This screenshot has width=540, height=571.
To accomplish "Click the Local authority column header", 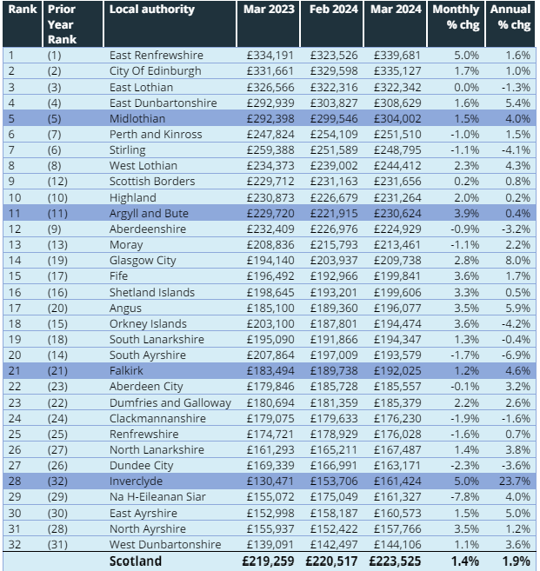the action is click(152, 9).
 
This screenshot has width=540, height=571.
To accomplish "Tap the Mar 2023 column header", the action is click(269, 9).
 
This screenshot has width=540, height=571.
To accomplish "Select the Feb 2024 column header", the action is click(333, 9).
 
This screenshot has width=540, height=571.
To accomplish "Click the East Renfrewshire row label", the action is click(157, 56).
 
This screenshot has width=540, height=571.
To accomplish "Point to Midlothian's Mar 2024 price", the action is click(397, 119).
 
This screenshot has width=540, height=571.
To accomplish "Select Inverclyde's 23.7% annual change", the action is click(515, 481).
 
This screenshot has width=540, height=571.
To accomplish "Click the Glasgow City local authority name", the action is click(143, 261).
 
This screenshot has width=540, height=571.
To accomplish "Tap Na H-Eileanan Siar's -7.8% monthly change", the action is click(464, 497).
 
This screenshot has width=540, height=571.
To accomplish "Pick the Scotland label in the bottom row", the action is click(136, 561).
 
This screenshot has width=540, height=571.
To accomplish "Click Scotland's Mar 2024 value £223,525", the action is click(395, 561).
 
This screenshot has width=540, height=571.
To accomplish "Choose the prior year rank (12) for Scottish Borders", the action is click(57, 182).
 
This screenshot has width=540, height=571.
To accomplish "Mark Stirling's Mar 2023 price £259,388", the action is click(270, 150).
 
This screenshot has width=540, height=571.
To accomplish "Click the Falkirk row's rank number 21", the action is click(14, 371).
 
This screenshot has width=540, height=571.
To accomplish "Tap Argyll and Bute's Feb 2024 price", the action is click(334, 214).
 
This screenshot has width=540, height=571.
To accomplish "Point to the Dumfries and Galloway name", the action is click(170, 403).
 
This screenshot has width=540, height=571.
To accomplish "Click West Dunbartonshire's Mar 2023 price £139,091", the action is click(270, 544).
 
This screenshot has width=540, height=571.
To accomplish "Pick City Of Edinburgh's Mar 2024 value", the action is click(397, 71).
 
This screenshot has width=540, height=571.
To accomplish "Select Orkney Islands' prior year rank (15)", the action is click(57, 323).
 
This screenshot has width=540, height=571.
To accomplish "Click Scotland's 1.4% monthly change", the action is click(465, 561).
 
